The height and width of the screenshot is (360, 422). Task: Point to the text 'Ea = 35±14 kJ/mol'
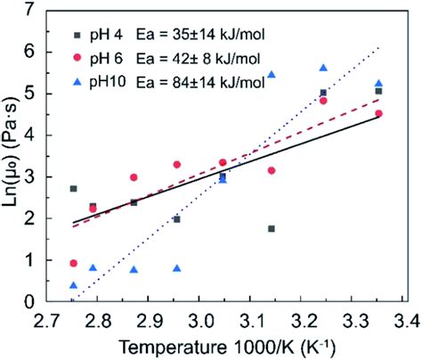coord(207,37)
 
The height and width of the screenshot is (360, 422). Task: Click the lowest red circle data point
coord(73,264)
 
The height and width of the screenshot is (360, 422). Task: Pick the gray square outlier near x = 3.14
coord(272,229)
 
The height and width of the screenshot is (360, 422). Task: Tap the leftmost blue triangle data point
coord(73,285)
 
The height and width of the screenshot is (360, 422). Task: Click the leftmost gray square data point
coord(73,189)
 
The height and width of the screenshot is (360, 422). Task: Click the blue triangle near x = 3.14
coord(272,75)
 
